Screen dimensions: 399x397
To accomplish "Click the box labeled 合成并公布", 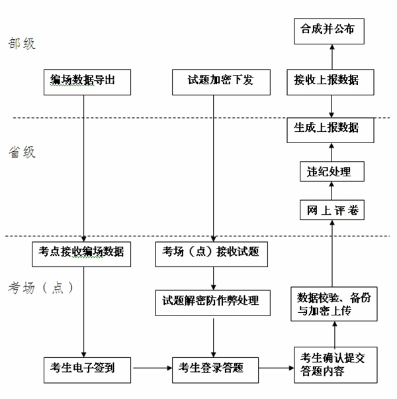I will click(329, 30).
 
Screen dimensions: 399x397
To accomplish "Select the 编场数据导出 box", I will click(84, 80).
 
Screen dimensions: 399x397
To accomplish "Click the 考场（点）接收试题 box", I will click(211, 252).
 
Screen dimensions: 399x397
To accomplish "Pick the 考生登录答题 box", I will click(212, 367).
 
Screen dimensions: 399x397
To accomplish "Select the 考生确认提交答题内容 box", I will click(333, 364).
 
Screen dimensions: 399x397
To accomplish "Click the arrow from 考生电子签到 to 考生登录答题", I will click(151, 367).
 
